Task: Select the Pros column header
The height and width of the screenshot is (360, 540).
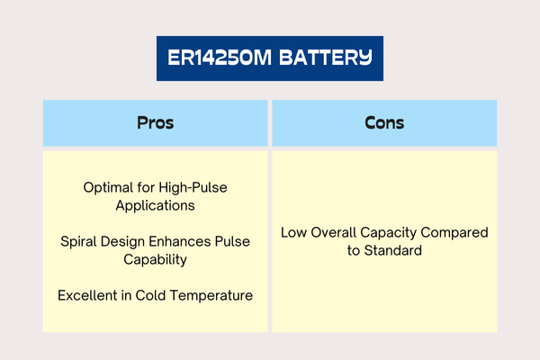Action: (x=155, y=123)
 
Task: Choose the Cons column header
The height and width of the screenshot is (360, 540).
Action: (x=384, y=123)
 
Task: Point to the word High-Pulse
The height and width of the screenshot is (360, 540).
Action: (x=195, y=188)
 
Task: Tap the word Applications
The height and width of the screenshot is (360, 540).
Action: (x=156, y=205)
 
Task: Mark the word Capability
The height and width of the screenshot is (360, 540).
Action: (x=156, y=259)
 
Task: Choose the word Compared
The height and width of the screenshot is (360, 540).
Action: (x=456, y=233)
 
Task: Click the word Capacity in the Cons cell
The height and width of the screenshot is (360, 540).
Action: (x=393, y=233)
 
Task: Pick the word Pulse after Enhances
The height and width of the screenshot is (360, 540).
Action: (x=232, y=242)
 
